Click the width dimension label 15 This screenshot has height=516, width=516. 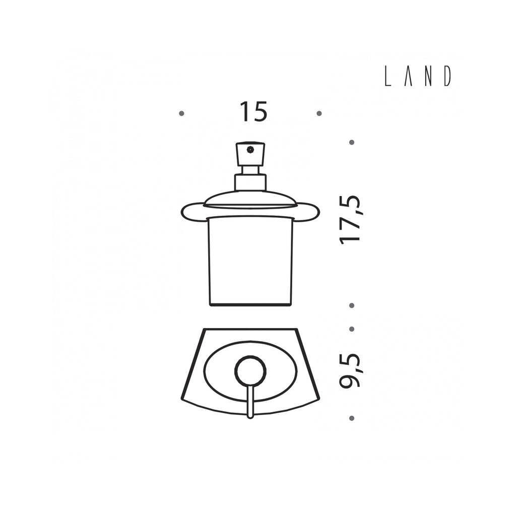[253, 111]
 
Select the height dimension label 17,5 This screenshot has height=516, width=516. [351, 220]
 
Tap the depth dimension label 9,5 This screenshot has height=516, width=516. [351, 370]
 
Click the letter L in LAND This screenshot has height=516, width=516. [388, 76]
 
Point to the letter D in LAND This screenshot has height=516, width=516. [447, 76]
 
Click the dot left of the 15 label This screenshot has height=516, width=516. [181, 113]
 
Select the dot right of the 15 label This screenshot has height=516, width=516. [319, 113]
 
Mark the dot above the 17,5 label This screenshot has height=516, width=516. [351, 142]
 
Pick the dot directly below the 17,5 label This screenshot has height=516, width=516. [351, 305]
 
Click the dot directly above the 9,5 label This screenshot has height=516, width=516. [351, 329]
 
